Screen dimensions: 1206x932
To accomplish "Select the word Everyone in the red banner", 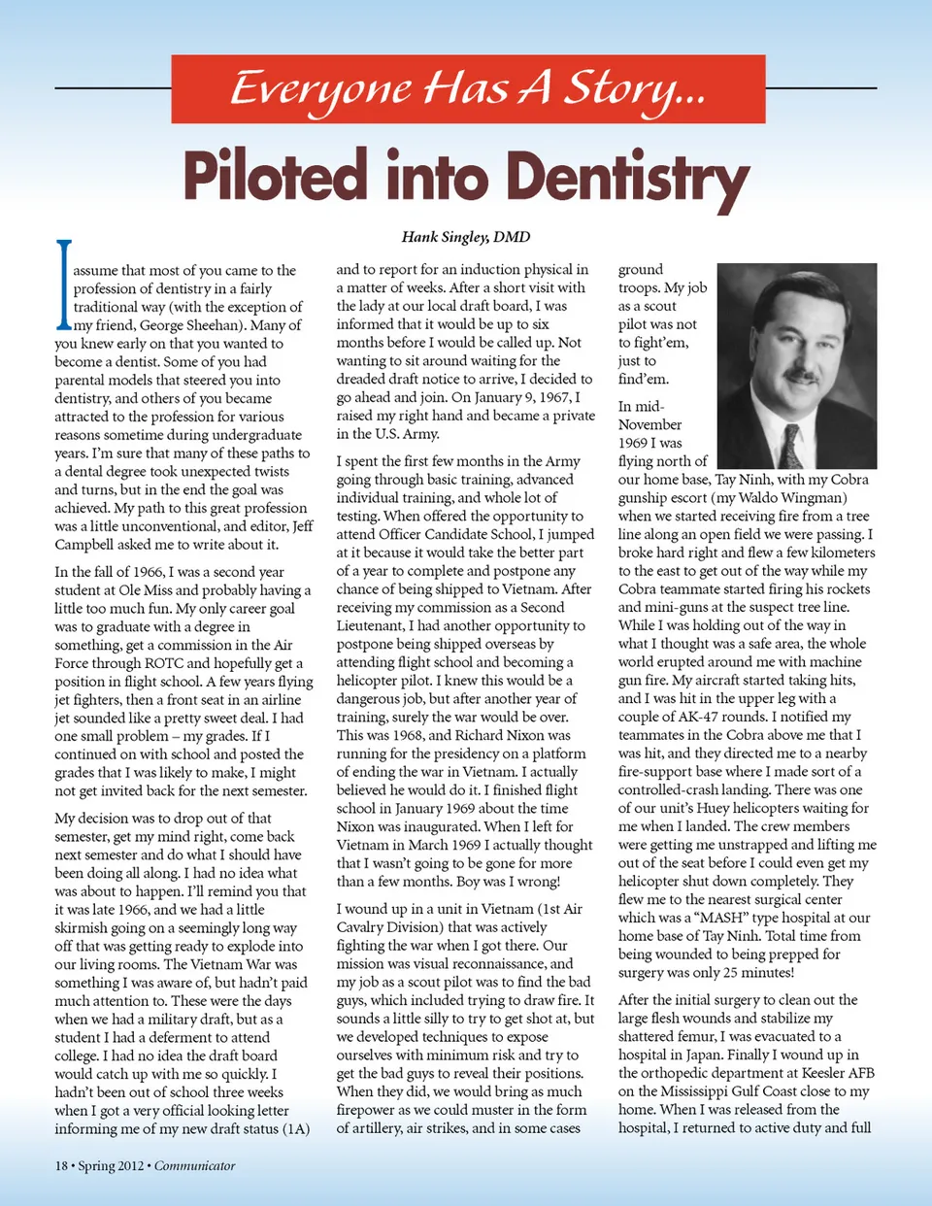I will pyautogui.click(x=319, y=88).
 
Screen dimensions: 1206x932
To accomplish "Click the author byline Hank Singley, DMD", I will pyautogui.click(x=466, y=236).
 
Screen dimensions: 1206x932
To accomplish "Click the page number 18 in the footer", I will pyautogui.click(x=61, y=1165).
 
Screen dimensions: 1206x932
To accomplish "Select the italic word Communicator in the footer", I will pyautogui.click(x=194, y=1165).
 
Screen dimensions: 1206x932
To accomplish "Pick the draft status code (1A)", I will pyautogui.click(x=295, y=1128).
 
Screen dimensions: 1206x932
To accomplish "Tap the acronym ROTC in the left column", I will pyautogui.click(x=164, y=663).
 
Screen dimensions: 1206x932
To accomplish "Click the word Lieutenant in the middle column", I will pyautogui.click(x=370, y=626).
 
